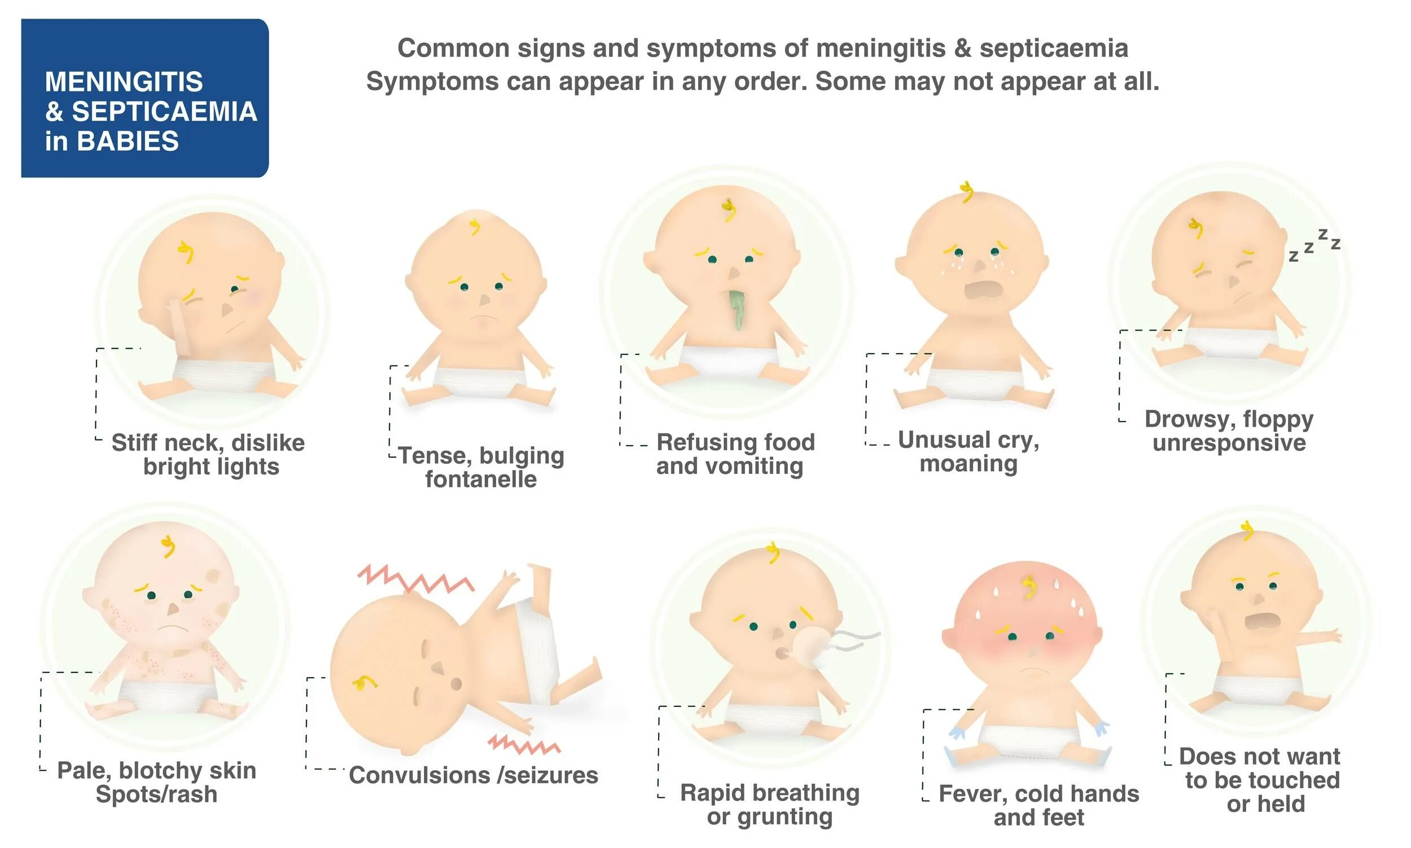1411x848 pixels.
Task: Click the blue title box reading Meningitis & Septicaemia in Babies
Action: pyautogui.click(x=144, y=98)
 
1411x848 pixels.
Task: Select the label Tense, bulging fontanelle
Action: pyautogui.click(x=481, y=467)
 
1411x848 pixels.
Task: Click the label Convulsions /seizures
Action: pyautogui.click(x=473, y=775)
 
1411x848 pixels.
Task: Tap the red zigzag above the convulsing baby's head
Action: pyautogui.click(x=415, y=578)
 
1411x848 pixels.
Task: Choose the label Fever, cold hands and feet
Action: pyautogui.click(x=1038, y=805)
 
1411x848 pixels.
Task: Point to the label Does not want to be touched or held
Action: pyautogui.click(x=1260, y=780)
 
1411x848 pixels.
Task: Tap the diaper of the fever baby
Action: pyautogui.click(x=1029, y=741)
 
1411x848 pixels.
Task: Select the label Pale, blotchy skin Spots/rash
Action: pyautogui.click(x=156, y=783)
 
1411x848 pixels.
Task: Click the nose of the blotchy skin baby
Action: pyautogui.click(x=173, y=609)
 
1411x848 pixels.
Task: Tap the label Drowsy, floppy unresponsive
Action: pyautogui.click(x=1229, y=431)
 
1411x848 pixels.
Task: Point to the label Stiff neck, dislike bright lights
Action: pyautogui.click(x=209, y=454)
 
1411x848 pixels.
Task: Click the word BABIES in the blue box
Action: pyautogui.click(x=128, y=141)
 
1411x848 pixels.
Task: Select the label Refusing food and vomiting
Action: pyautogui.click(x=734, y=454)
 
